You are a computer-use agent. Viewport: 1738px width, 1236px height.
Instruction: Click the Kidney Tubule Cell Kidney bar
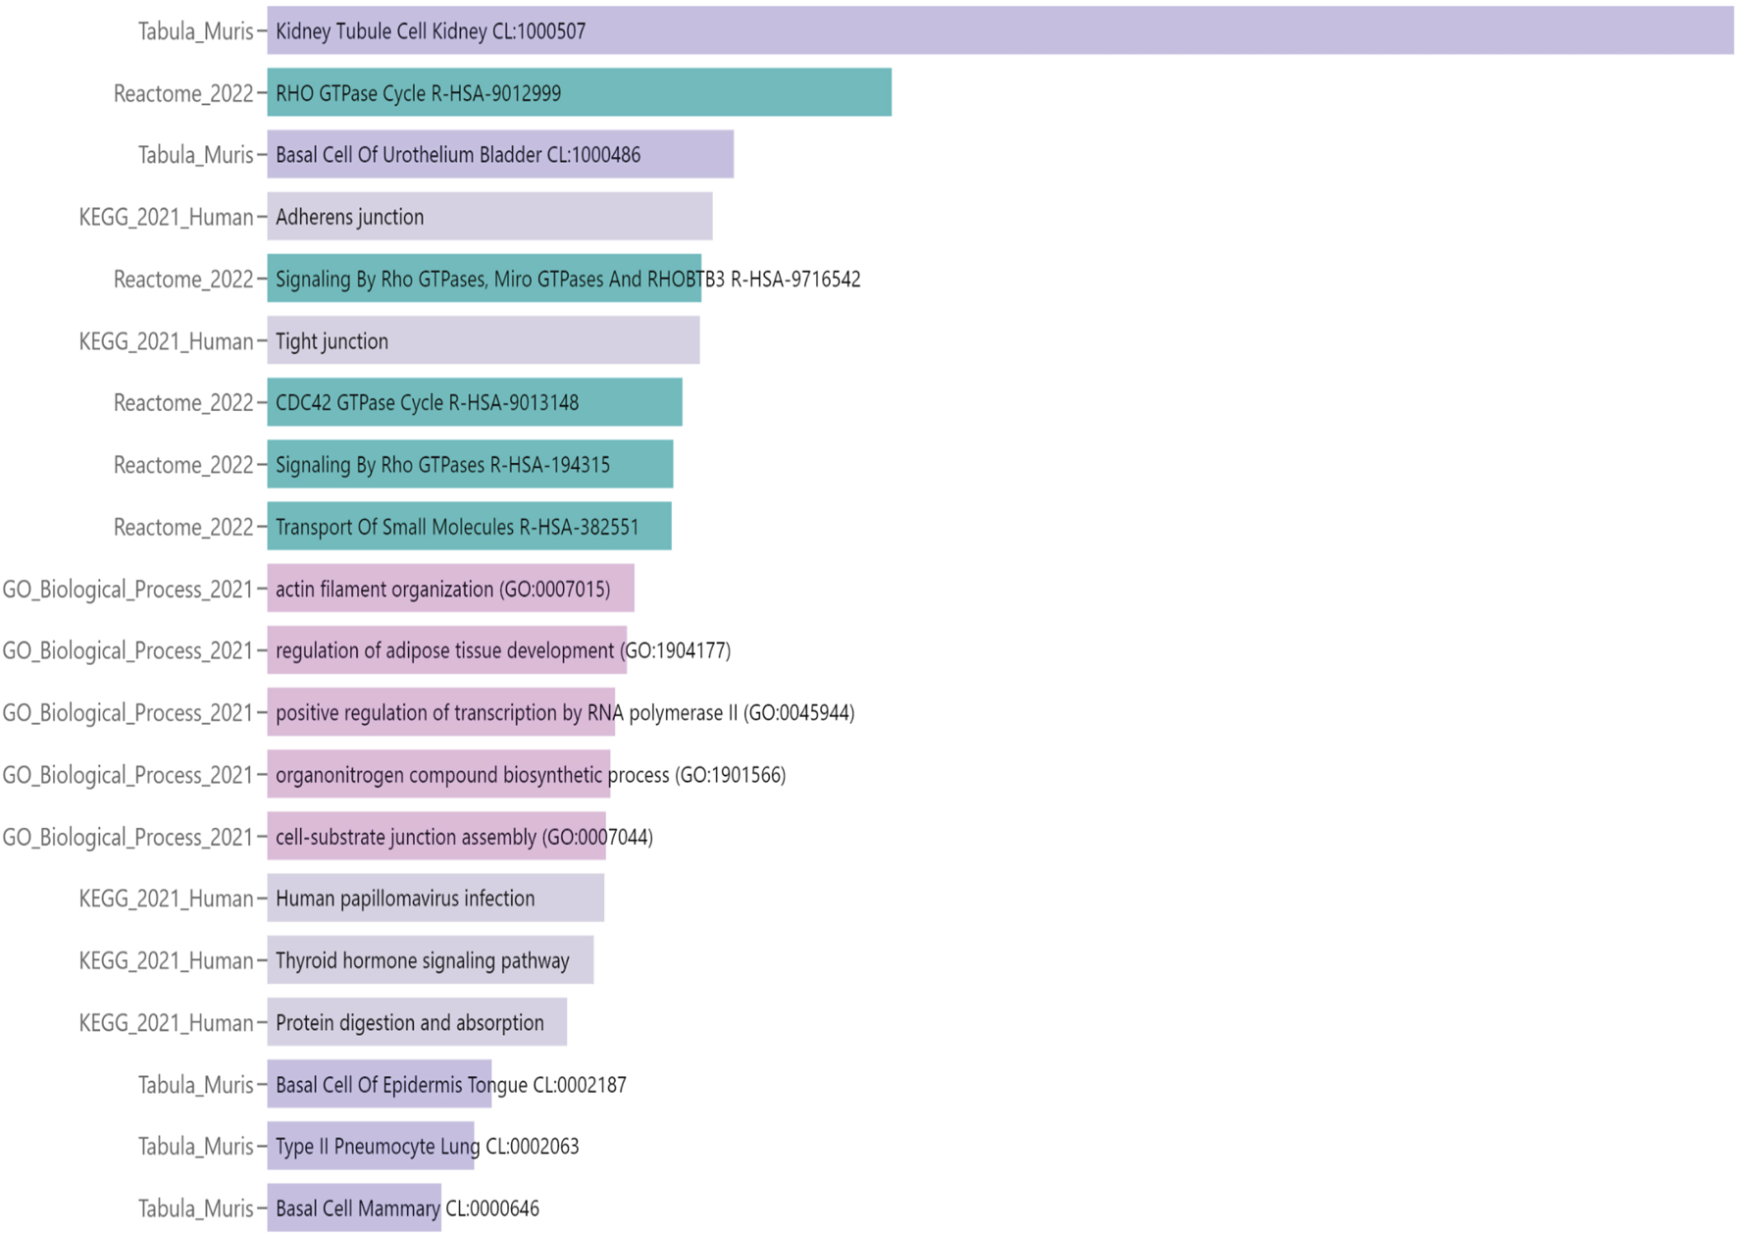(1000, 30)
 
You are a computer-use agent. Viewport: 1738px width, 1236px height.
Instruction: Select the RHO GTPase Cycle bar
(579, 92)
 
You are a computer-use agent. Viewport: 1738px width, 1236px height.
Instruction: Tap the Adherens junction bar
(489, 217)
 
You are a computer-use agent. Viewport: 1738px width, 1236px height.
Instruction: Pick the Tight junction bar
(484, 340)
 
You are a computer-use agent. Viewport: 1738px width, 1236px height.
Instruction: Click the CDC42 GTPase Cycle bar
(475, 402)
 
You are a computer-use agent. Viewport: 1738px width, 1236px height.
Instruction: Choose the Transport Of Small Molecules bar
(469, 527)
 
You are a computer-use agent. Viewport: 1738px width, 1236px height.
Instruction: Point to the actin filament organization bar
(450, 589)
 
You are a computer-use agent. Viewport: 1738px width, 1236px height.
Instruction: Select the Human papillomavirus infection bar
(435, 899)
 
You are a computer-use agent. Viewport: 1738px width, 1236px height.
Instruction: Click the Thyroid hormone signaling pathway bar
(430, 960)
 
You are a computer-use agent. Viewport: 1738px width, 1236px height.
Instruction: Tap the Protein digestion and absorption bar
(417, 1022)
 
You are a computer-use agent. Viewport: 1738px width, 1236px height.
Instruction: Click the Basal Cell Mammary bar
(354, 1209)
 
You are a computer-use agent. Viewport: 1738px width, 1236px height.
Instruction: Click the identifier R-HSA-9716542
(795, 280)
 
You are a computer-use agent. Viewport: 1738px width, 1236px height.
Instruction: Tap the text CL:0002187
(579, 1085)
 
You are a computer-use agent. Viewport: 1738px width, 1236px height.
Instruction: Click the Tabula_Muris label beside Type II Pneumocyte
(195, 1147)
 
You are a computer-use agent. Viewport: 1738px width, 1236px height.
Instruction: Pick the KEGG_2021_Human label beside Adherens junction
(166, 217)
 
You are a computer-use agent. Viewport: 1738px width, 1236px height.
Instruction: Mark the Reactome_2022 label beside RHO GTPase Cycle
(183, 93)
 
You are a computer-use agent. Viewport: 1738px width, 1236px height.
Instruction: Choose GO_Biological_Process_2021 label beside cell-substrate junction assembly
(128, 837)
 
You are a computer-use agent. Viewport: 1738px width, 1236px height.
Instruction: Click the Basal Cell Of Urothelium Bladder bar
(500, 154)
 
